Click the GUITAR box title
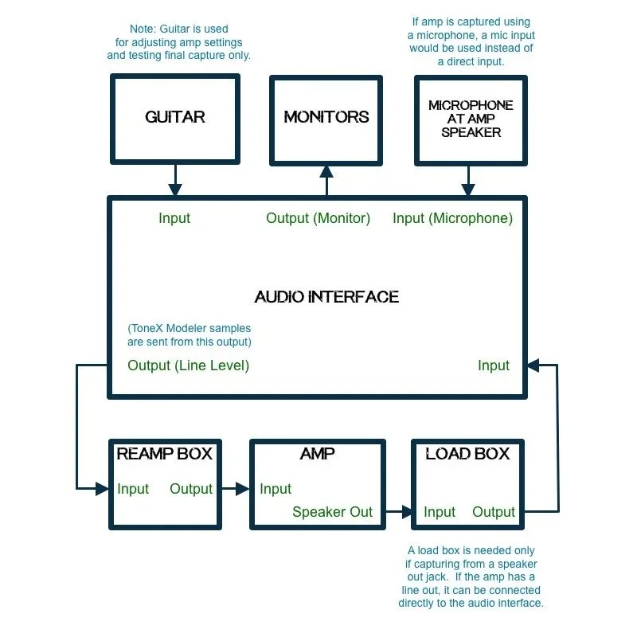(x=175, y=117)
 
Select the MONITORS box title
(x=326, y=117)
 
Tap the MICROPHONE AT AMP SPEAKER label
(x=471, y=119)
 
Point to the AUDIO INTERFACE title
(x=326, y=297)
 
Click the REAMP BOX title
(x=165, y=454)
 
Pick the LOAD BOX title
(x=467, y=454)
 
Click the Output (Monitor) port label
(x=318, y=218)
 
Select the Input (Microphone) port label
(x=452, y=218)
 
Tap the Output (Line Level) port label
(x=189, y=365)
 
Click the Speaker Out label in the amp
(x=332, y=512)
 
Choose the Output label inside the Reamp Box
(x=191, y=489)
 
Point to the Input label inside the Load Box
(x=440, y=512)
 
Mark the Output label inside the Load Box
(x=494, y=512)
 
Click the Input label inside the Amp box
(x=276, y=489)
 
